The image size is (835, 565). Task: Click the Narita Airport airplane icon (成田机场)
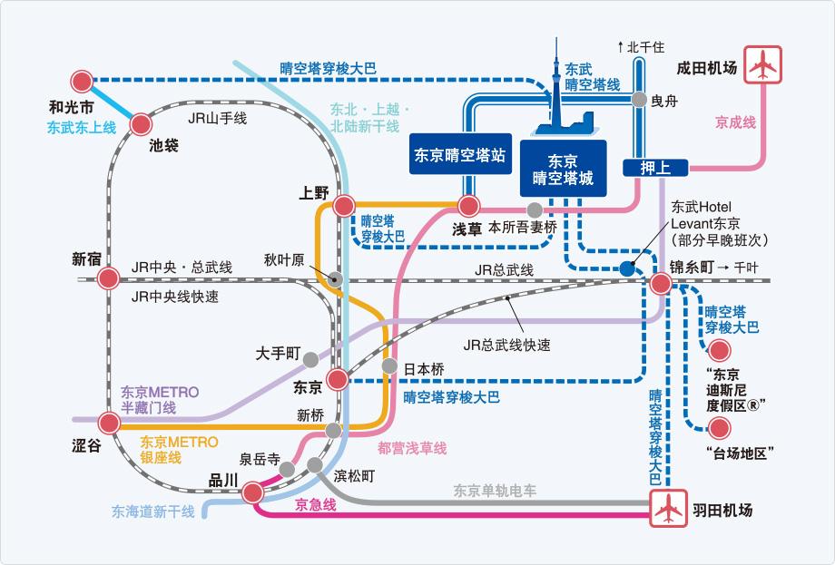pyautogui.click(x=762, y=64)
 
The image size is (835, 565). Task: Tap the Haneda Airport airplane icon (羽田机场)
pyautogui.click(x=668, y=509)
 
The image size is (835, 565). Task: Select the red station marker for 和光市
pyautogui.click(x=82, y=82)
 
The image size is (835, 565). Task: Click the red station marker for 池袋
pyautogui.click(x=141, y=124)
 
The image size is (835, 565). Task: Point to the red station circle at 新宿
pyautogui.click(x=109, y=278)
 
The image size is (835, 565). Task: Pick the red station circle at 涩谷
pyautogui.click(x=109, y=424)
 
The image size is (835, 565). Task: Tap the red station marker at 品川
pyautogui.click(x=252, y=492)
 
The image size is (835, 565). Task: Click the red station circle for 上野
pyautogui.click(x=344, y=205)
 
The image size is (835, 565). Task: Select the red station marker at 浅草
pyautogui.click(x=468, y=206)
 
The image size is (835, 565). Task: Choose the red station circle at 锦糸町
pyautogui.click(x=661, y=284)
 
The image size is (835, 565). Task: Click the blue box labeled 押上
pyautogui.click(x=655, y=168)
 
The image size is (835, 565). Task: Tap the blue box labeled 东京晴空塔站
pyautogui.click(x=460, y=154)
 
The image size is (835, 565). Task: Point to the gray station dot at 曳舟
pyautogui.click(x=639, y=100)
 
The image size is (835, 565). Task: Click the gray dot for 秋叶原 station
pyautogui.click(x=335, y=278)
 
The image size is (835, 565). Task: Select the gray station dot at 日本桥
pyautogui.click(x=389, y=366)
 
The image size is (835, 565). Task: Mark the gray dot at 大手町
pyautogui.click(x=311, y=360)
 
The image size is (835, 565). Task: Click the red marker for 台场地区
pyautogui.click(x=720, y=428)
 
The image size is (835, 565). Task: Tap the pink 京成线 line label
pyautogui.click(x=735, y=123)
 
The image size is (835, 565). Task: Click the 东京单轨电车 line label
pyautogui.click(x=495, y=491)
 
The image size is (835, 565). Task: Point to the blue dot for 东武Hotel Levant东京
pyautogui.click(x=627, y=268)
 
